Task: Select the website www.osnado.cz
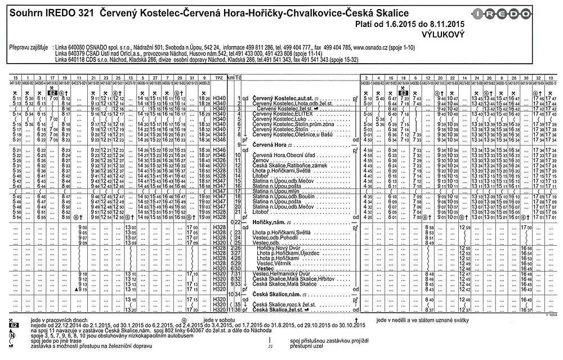(x=371, y=46)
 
